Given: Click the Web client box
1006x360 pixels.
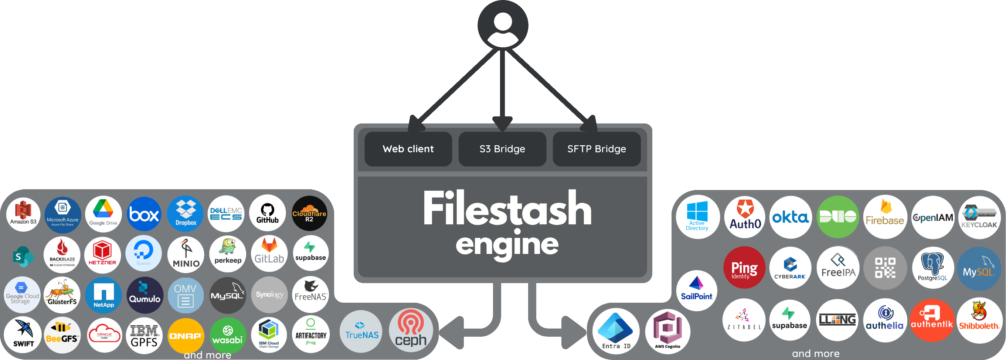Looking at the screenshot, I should pos(408,149).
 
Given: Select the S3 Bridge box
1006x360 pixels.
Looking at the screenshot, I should pos(502,149).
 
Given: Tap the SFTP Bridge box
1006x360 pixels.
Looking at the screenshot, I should pos(597,149).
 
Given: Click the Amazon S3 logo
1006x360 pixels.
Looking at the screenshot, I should pos(23,214).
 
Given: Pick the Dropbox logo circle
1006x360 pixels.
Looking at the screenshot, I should pos(186,214).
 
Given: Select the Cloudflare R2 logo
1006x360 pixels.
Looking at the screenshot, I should pos(309,214).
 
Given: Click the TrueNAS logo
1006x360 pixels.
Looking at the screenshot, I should pos(361,332).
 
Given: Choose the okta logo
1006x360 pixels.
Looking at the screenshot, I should pos(791,217).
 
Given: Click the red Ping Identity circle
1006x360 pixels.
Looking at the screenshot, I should pos(744,268).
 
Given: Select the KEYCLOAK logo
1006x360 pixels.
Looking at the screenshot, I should pos(979,217).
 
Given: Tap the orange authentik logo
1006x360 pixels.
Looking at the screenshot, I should pos(932,320).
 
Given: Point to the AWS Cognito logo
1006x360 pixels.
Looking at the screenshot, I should pos(667,331).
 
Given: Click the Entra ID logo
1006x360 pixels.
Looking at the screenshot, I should pos(616,331).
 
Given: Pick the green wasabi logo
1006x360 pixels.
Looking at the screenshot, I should pos(228,335).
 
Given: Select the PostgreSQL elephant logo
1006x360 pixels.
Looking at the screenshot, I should pos(932,268).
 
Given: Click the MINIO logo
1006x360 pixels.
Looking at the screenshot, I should pos(186,255).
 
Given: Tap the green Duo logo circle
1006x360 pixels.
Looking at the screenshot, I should pos(838,217).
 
